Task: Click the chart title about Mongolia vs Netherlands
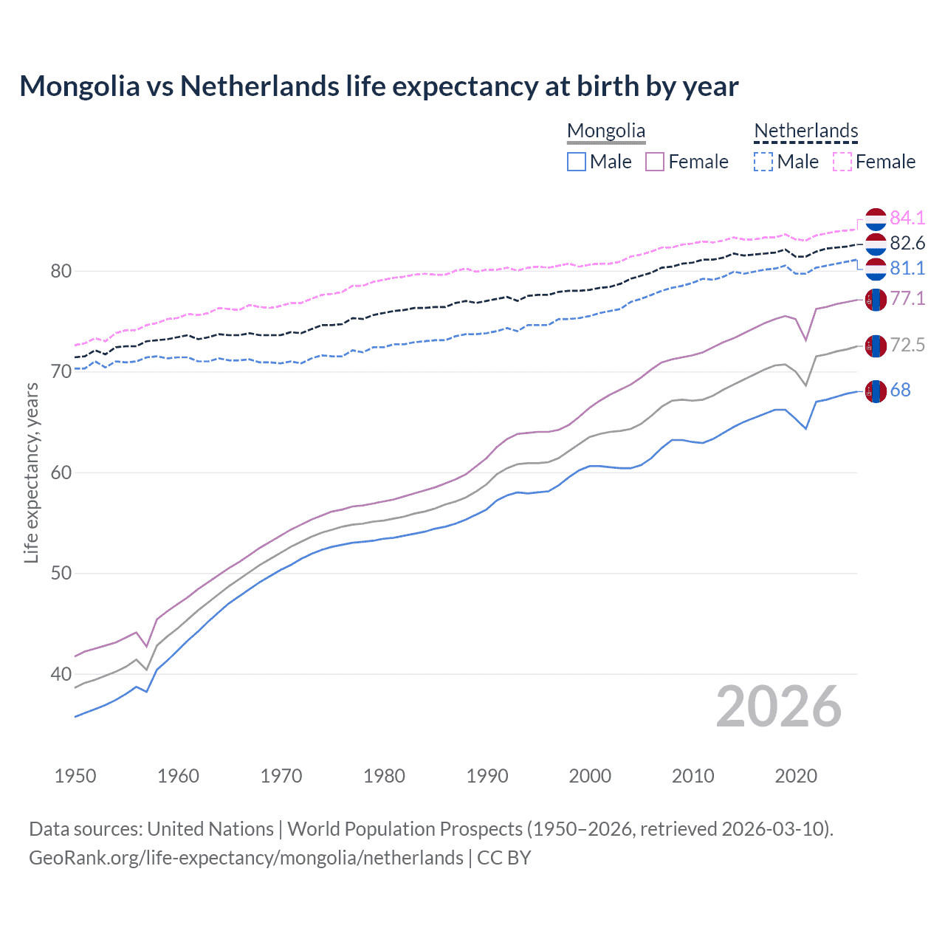(379, 86)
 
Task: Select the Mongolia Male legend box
(577, 162)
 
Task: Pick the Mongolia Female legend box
(655, 162)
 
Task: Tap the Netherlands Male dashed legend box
(763, 162)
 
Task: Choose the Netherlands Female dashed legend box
(842, 162)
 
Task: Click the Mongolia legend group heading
(606, 131)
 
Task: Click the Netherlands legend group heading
(806, 131)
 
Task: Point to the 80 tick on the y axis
(61, 271)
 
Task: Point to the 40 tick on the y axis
(61, 674)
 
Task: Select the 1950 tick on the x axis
(75, 776)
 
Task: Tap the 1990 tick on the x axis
(487, 776)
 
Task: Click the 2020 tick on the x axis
(796, 776)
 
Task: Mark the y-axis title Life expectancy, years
(31, 472)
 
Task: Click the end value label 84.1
(907, 218)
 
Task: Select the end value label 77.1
(907, 298)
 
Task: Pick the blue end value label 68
(901, 390)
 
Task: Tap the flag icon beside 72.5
(876, 346)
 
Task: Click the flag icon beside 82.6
(876, 244)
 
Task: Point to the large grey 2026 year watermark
(779, 707)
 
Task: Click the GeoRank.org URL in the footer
(246, 858)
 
